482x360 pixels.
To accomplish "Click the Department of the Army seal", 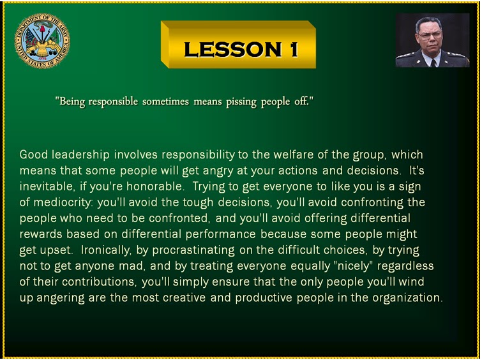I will coord(42,41).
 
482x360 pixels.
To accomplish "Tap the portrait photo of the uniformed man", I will coord(432,40).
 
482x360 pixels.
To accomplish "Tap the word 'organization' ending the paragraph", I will coord(407,298).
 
